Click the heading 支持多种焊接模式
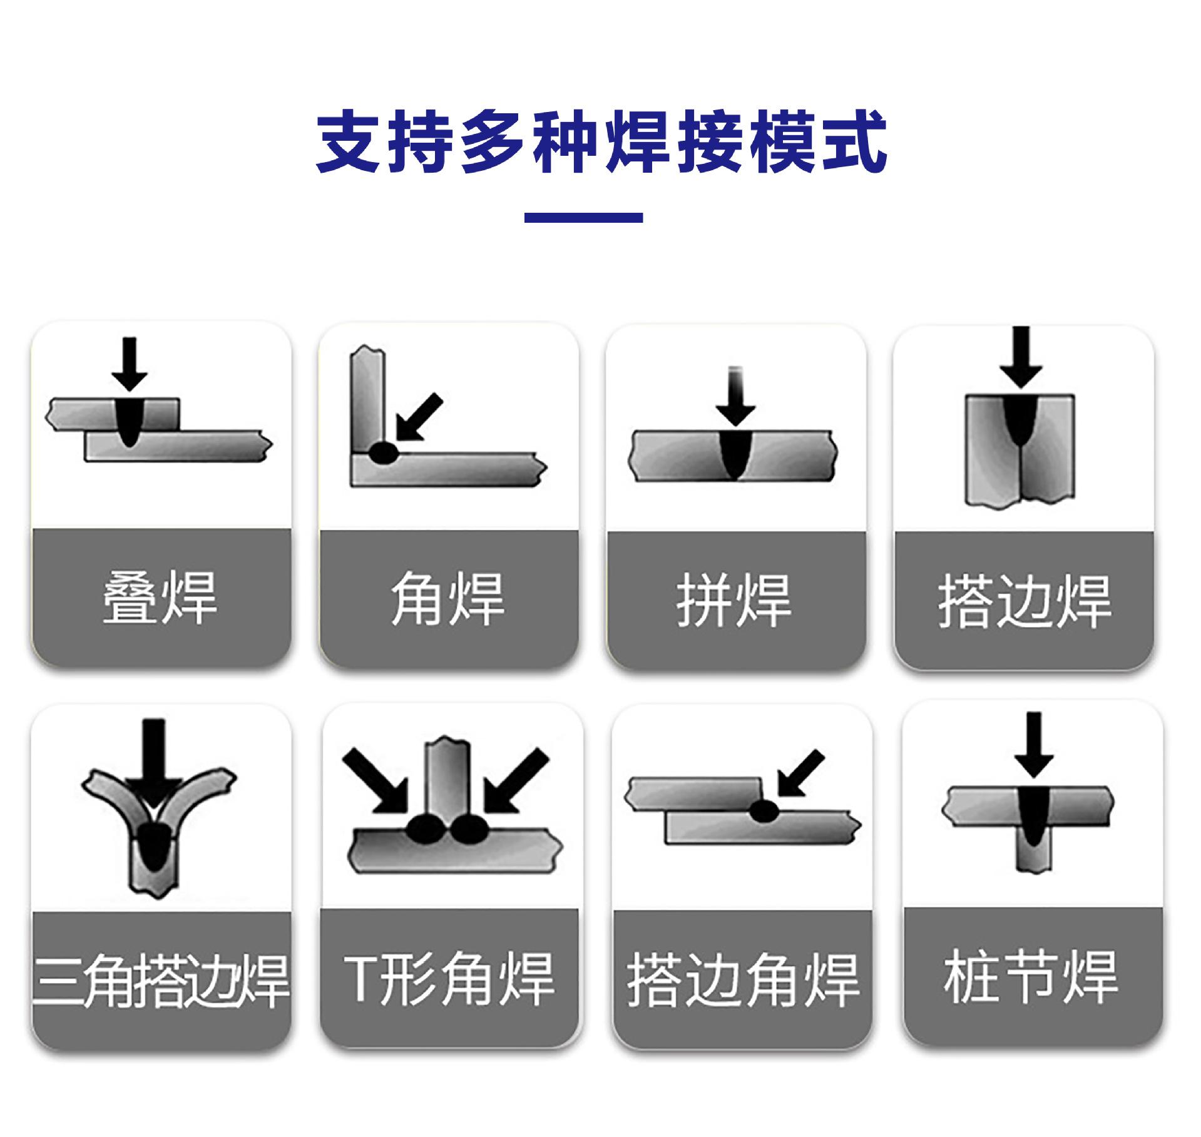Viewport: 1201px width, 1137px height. pyautogui.click(x=601, y=142)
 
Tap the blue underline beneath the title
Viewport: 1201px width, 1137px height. pyautogui.click(x=583, y=218)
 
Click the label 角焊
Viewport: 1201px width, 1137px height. pyautogui.click(x=447, y=599)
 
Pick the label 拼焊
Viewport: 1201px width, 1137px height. pyautogui.click(x=733, y=601)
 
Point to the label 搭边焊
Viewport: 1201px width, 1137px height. pyautogui.click(x=1024, y=602)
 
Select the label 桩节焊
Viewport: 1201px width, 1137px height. pyautogui.click(x=1031, y=977)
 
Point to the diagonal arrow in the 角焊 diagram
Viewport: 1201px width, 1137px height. pyautogui.click(x=419, y=417)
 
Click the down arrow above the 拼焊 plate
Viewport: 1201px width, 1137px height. pyautogui.click(x=736, y=397)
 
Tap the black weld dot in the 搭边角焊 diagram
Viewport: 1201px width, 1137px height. pyautogui.click(x=764, y=812)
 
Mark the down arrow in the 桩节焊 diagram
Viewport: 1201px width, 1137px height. pyautogui.click(x=1034, y=745)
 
